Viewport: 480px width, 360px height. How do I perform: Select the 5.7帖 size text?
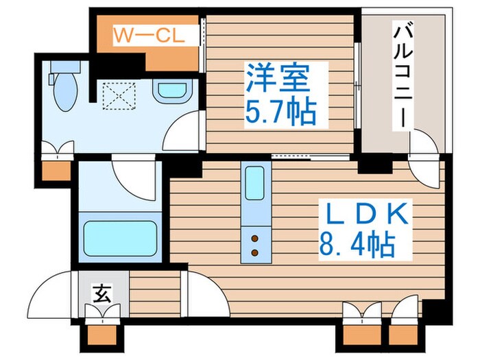pyautogui.click(x=280, y=111)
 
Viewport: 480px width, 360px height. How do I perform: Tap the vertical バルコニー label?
pyautogui.click(x=403, y=75)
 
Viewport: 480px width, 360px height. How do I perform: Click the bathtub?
pyautogui.click(x=121, y=237)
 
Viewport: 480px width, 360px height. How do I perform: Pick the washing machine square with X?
pyautogui.click(x=117, y=95)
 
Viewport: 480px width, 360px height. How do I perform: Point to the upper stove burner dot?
pyautogui.click(x=254, y=239)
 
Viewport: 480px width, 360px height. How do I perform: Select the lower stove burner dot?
pyautogui.click(x=254, y=252)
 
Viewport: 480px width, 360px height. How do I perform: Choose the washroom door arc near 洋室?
pyautogui.click(x=184, y=130)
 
